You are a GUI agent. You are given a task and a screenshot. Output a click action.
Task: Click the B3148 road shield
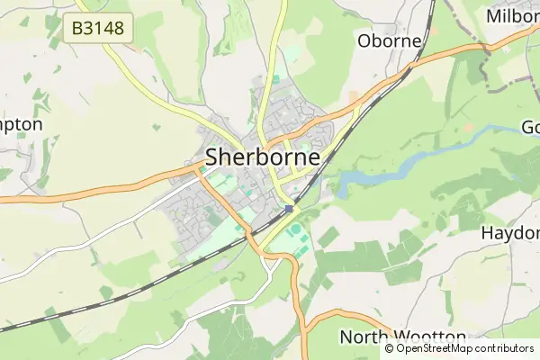(99, 29)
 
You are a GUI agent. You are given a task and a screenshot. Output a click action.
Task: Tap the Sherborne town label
(263, 157)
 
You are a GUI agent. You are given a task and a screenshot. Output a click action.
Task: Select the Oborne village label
(390, 40)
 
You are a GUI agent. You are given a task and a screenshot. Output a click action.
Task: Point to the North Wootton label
(391, 337)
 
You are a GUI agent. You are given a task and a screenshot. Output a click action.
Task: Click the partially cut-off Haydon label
(510, 232)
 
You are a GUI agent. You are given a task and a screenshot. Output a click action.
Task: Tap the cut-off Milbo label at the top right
(512, 16)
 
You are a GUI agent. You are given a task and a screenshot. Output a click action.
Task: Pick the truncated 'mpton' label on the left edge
(21, 124)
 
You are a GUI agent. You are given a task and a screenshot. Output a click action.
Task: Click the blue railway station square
(288, 209)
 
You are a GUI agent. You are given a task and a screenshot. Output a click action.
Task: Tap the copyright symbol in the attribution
(390, 348)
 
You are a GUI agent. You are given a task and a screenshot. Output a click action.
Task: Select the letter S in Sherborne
(213, 157)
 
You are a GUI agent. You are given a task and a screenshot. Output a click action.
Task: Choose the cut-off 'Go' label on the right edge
(530, 127)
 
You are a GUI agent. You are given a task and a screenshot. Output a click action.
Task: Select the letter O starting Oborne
(364, 40)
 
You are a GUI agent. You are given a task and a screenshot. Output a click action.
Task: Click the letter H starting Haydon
(487, 232)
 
